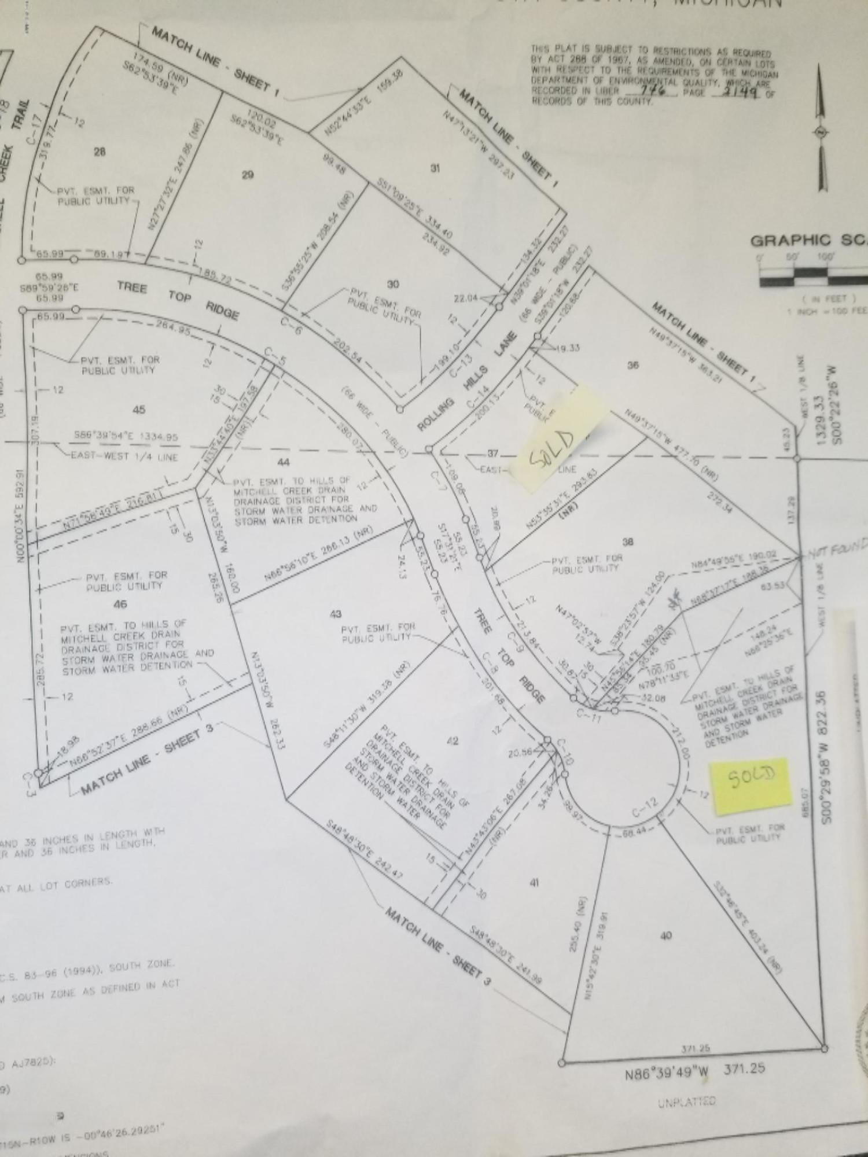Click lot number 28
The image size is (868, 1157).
[x=100, y=152]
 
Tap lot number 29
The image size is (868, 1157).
[x=247, y=175]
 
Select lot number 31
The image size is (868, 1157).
[x=435, y=168]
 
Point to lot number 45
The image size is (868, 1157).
[x=139, y=410]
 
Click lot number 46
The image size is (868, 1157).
[x=120, y=605]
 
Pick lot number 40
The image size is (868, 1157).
[x=665, y=935]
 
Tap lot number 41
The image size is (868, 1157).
[x=534, y=882]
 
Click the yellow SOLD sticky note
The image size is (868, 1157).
[x=752, y=781]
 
